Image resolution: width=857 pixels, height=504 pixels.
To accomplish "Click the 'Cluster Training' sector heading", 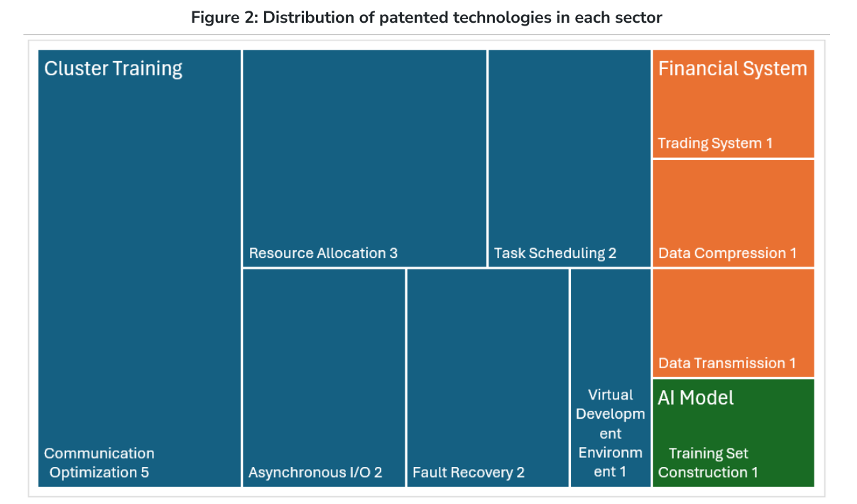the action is coord(113,70).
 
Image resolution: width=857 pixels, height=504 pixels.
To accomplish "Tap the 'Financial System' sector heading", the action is coord(732,70).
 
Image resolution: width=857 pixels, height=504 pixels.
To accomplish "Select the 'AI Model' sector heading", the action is coord(696,398).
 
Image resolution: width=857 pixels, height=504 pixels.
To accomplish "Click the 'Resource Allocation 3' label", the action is coord(323,253).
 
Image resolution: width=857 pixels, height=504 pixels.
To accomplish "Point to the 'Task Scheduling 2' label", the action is coord(555,253).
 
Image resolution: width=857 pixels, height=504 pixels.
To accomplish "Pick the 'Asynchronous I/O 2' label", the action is coord(315,472).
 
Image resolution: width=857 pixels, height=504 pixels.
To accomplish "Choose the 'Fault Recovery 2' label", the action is coord(469,472).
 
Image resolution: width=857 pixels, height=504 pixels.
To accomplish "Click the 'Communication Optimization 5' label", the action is coord(99,463).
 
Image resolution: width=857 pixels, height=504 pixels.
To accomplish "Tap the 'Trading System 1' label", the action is coord(715,143).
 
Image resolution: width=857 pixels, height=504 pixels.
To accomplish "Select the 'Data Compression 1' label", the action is coord(727,253).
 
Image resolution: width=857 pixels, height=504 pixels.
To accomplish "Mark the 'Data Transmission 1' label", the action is coord(727,363).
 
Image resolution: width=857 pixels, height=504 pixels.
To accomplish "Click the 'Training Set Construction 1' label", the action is coord(708,463).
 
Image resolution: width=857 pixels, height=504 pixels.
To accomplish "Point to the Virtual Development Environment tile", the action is coord(611,377).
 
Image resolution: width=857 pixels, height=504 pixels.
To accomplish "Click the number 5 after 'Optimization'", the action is coord(145,473).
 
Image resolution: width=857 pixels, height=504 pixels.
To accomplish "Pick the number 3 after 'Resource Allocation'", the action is coord(393,253).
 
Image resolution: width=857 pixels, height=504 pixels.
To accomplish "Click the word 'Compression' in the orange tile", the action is coord(740,254).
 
